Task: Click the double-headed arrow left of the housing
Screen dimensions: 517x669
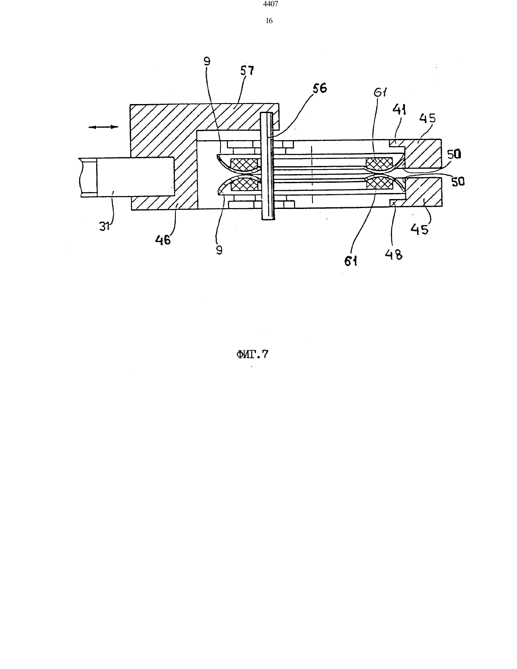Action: pyautogui.click(x=103, y=127)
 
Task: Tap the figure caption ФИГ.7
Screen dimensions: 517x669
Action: pyautogui.click(x=252, y=354)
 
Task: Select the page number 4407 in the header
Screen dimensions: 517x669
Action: pyautogui.click(x=271, y=4)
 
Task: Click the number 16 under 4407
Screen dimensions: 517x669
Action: pyautogui.click(x=269, y=21)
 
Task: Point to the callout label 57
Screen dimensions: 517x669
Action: pyautogui.click(x=247, y=71)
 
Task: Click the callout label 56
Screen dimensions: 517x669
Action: pyautogui.click(x=319, y=89)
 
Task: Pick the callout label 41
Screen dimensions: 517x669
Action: pyautogui.click(x=399, y=110)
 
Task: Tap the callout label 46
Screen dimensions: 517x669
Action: pyautogui.click(x=163, y=239)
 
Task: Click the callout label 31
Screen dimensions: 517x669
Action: pyautogui.click(x=105, y=226)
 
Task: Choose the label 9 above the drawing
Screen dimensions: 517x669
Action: pyautogui.click(x=207, y=61)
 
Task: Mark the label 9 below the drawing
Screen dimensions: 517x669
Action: pyautogui.click(x=219, y=250)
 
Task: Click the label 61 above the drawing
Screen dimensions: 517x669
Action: pyautogui.click(x=380, y=92)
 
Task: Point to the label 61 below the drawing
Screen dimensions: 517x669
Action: pyautogui.click(x=351, y=261)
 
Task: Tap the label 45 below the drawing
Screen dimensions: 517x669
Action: pyautogui.click(x=420, y=229)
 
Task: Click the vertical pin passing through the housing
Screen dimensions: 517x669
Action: pyautogui.click(x=267, y=166)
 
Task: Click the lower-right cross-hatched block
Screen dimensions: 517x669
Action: pyautogui.click(x=379, y=184)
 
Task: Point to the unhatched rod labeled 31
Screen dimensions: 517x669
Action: pyautogui.click(x=126, y=177)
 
